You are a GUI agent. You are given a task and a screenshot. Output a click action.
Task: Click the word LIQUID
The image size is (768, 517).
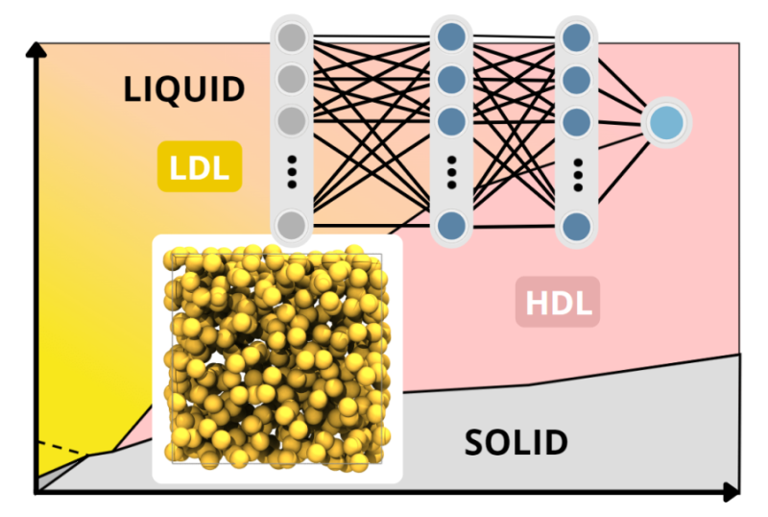pos(184,89)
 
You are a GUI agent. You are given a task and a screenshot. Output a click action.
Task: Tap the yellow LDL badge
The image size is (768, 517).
pos(199,167)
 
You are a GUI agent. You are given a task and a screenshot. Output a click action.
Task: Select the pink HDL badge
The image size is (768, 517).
pos(558,302)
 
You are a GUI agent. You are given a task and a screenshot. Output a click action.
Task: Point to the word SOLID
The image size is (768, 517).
pos(516,443)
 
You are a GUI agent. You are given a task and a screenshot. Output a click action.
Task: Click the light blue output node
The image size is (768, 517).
pos(666,123)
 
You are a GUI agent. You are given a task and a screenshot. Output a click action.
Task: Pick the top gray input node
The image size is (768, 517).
pos(292,38)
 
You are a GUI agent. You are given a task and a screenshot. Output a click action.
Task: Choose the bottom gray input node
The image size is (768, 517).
pos(292,226)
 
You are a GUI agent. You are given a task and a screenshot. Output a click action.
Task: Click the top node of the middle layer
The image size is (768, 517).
pos(451,38)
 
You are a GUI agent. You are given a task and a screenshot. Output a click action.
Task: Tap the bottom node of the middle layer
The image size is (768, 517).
pos(451,226)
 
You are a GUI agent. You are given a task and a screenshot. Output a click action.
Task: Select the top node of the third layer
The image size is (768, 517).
pos(577,38)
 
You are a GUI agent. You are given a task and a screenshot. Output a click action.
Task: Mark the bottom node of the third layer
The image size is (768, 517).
pos(577,226)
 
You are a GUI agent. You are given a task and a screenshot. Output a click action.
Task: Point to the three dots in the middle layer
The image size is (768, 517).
pos(451,173)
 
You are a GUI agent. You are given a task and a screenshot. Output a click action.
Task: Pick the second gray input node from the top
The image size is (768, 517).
pos(292,77)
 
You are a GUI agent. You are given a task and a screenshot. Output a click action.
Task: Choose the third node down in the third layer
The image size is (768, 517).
pos(577,122)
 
